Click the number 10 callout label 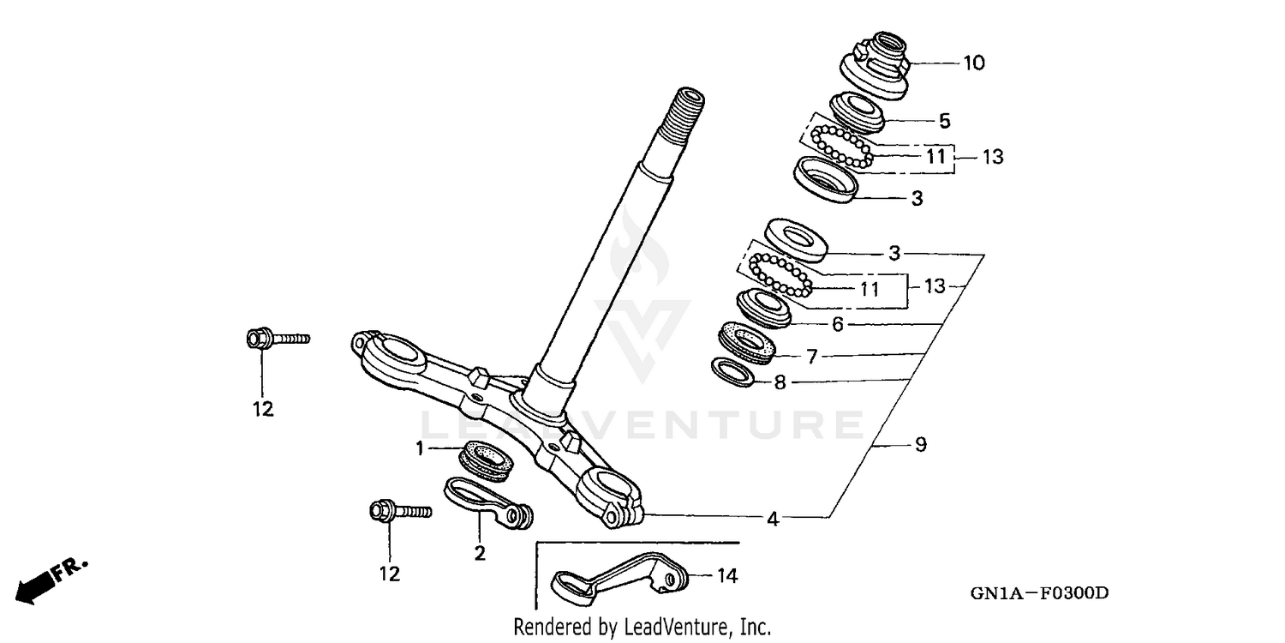[x=950, y=63]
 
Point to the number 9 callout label [x=920, y=445]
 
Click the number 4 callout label [x=773, y=519]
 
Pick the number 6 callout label [x=838, y=324]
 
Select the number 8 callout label [x=780, y=383]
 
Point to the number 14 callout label [x=727, y=576]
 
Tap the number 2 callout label [x=480, y=553]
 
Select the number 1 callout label [x=420, y=448]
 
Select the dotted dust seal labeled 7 [x=750, y=341]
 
